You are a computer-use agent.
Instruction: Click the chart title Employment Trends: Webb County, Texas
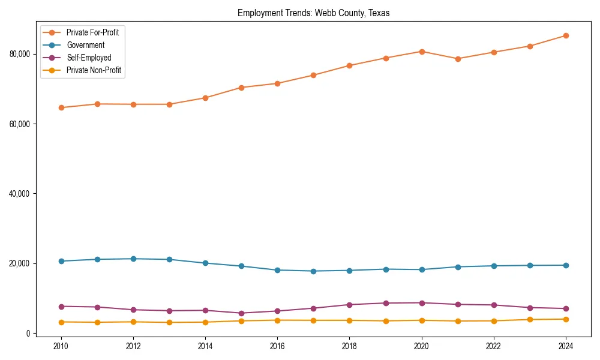coord(313,13)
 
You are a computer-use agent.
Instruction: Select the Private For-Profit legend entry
coord(92,32)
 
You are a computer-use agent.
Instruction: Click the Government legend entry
coord(85,45)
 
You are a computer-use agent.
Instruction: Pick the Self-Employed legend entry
coord(89,58)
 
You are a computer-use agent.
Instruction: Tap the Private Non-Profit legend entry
coord(94,70)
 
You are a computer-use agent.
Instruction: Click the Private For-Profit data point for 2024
coord(565,35)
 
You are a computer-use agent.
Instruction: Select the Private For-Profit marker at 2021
coord(457,59)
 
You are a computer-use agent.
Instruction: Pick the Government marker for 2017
coord(313,271)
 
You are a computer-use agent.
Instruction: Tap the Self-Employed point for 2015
coord(241,313)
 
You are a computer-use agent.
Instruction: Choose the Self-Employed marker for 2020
coord(421,303)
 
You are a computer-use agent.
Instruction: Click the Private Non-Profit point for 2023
coord(529,320)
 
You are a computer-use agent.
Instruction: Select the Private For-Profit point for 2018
coord(349,65)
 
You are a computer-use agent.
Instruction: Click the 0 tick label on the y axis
coord(28,334)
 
